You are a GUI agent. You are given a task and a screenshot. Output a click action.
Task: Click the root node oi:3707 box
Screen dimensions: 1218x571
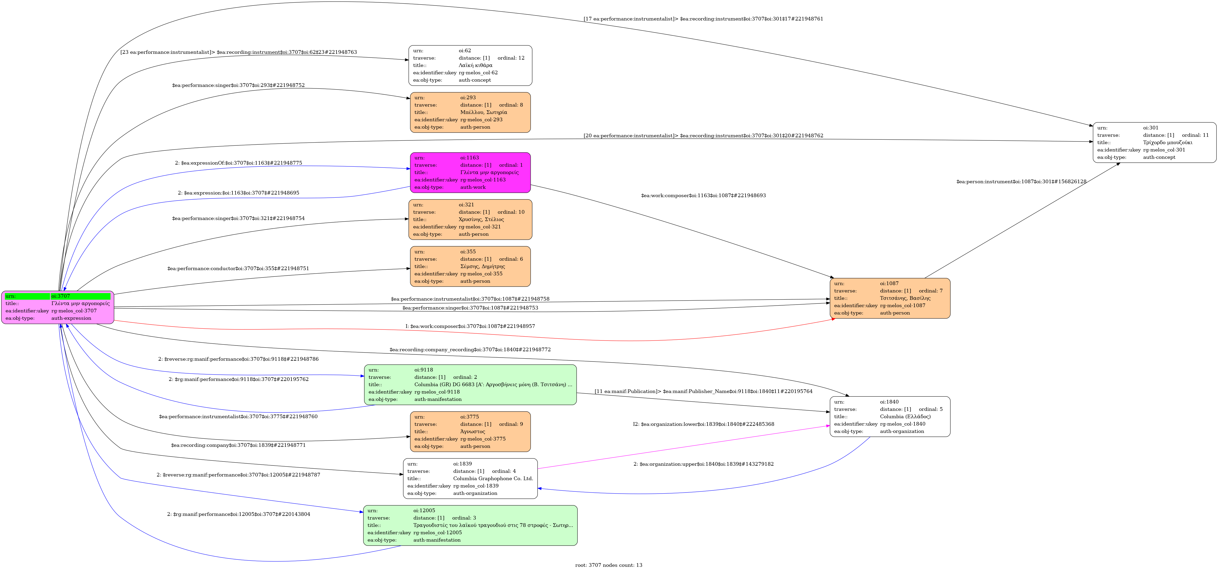[58, 307]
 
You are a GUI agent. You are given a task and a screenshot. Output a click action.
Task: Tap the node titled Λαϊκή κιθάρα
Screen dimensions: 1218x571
[470, 65]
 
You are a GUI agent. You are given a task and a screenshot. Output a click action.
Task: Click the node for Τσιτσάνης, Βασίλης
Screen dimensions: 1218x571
[890, 298]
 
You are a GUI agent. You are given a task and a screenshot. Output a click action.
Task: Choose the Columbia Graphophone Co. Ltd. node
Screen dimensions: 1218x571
[470, 478]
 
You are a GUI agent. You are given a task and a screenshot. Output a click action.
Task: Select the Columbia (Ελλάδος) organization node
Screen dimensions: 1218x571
[890, 416]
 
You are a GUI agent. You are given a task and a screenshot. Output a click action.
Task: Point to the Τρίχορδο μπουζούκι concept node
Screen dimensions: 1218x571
[1154, 142]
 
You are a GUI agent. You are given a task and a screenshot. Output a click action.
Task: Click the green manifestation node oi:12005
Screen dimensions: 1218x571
[470, 525]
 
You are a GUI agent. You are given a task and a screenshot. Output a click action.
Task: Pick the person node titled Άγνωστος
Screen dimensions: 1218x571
[470, 431]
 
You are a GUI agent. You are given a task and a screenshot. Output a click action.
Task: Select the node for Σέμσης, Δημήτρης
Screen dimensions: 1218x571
[470, 266]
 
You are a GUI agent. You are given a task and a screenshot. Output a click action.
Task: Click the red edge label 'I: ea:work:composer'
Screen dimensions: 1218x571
[470, 326]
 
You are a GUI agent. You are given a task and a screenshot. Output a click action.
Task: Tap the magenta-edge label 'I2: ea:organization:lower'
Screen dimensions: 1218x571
[704, 424]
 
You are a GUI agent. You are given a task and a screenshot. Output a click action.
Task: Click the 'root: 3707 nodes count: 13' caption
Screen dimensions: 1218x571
[609, 565]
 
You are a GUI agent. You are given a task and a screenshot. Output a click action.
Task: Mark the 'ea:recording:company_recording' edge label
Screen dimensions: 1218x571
[470, 350]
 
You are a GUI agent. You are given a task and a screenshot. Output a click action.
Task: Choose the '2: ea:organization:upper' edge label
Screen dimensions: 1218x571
[704, 464]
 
